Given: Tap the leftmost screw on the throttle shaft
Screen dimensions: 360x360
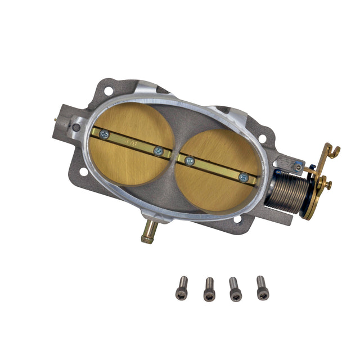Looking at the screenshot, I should point(103,134).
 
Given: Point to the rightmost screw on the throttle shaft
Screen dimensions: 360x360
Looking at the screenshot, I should point(242,177).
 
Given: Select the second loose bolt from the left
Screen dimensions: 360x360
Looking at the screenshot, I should point(209,290).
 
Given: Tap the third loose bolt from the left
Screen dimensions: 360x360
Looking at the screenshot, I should point(235,290).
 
